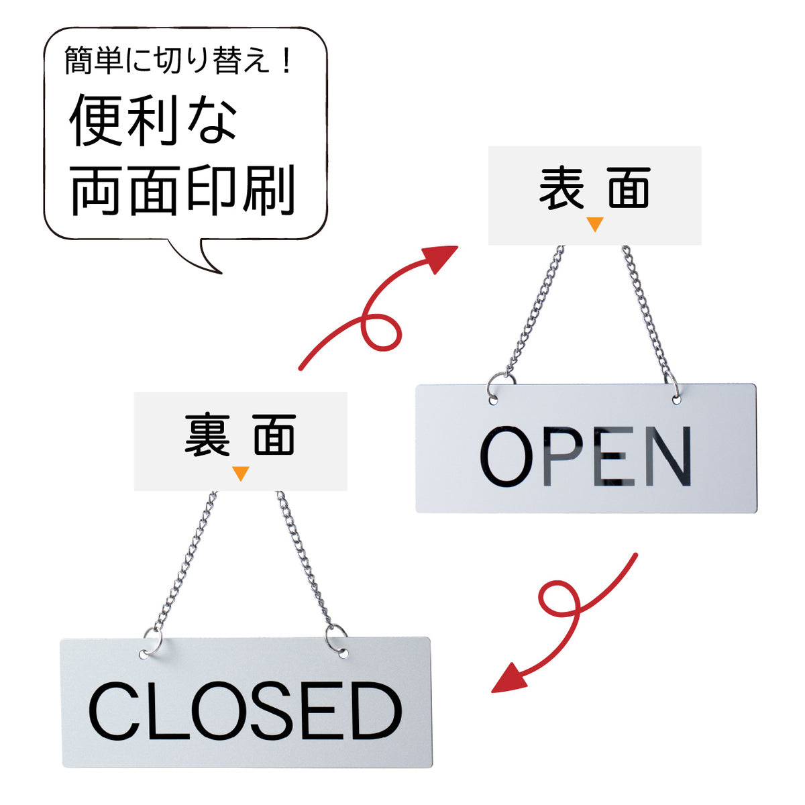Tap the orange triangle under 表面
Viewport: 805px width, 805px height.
coord(594,224)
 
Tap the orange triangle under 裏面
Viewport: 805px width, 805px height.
coord(240,474)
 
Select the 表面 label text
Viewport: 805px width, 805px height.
coord(594,188)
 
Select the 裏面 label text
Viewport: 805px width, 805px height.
coord(240,435)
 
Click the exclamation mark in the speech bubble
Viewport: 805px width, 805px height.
coord(286,61)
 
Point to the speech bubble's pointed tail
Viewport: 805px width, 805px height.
coord(220,273)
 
